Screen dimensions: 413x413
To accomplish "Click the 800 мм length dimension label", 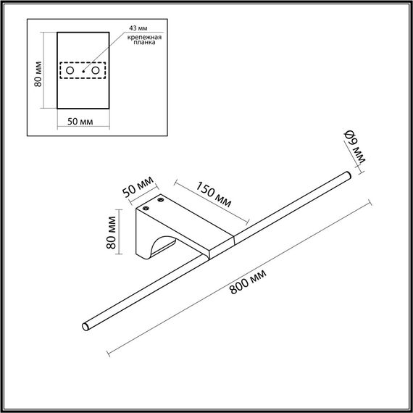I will click(249, 280).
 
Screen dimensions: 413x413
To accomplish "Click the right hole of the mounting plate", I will click(95, 71).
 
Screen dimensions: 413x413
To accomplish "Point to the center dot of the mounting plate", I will click(83, 72).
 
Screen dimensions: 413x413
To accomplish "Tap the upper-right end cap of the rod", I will click(349, 175).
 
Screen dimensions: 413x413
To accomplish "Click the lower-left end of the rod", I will click(85, 328).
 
